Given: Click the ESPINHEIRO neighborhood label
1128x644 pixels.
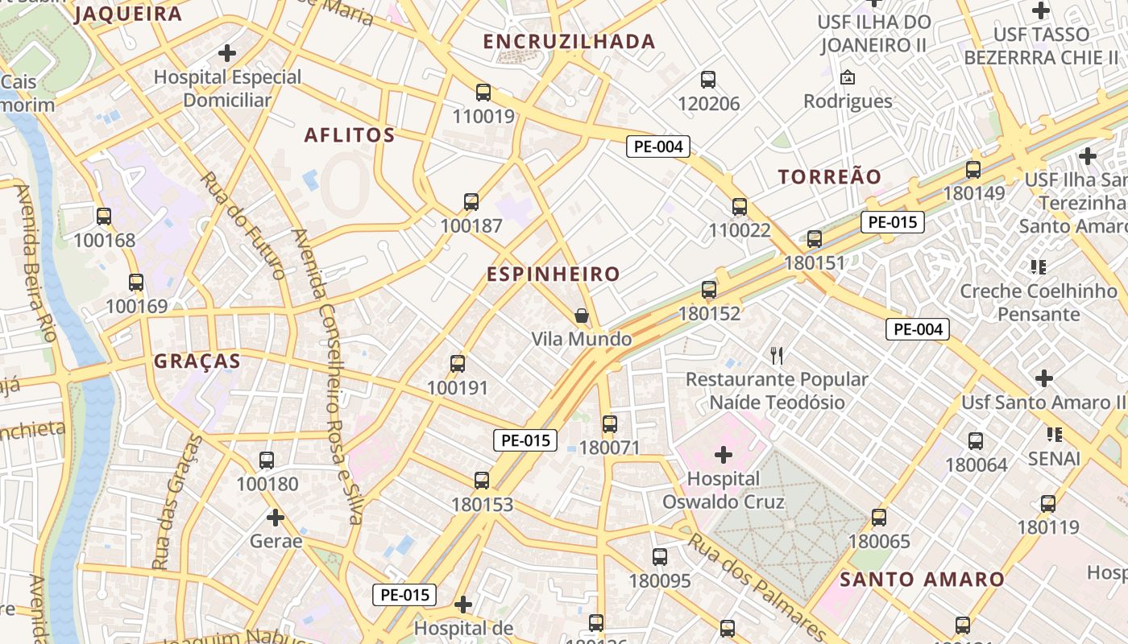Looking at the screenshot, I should click(553, 275).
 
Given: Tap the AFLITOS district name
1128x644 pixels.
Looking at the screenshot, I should click(350, 135).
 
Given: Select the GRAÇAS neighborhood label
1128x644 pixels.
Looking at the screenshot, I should click(197, 361).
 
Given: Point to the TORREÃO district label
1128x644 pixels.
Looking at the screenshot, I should click(830, 177).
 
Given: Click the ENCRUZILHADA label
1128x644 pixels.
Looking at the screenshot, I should click(569, 42).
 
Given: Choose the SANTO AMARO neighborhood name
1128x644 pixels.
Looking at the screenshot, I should click(922, 580).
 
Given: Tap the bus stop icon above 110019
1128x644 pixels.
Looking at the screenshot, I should click(483, 93).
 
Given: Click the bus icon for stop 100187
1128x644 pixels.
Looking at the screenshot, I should click(471, 202).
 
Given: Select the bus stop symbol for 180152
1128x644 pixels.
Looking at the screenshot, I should click(709, 290).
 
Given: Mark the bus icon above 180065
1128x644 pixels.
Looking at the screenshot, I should click(879, 518).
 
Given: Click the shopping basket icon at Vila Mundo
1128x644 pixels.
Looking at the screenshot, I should click(582, 316).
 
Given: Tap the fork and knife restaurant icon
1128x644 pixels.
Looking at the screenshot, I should click(777, 355).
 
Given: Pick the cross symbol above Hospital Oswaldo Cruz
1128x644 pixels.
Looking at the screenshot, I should click(724, 456).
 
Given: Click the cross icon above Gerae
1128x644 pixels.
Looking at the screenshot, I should click(276, 517).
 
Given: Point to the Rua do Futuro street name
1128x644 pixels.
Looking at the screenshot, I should click(243, 225).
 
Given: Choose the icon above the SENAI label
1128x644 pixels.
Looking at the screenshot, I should click(1054, 435).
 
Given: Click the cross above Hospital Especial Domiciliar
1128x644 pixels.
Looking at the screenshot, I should click(228, 54).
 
